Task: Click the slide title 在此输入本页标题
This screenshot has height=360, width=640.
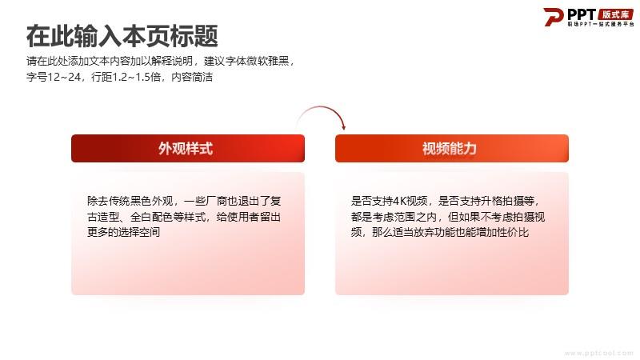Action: [x=122, y=36]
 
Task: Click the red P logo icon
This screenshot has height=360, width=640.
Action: [x=553, y=17]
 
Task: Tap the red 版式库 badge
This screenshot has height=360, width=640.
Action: [x=616, y=14]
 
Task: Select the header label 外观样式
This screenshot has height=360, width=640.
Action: [x=186, y=148]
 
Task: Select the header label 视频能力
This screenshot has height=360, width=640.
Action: [x=450, y=148]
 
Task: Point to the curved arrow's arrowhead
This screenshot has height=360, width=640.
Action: [x=344, y=127]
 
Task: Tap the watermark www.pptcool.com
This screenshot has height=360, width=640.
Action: [x=598, y=353]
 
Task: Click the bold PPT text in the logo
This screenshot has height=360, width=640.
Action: [x=582, y=14]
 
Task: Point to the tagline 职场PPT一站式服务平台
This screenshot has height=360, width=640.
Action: [x=601, y=25]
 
